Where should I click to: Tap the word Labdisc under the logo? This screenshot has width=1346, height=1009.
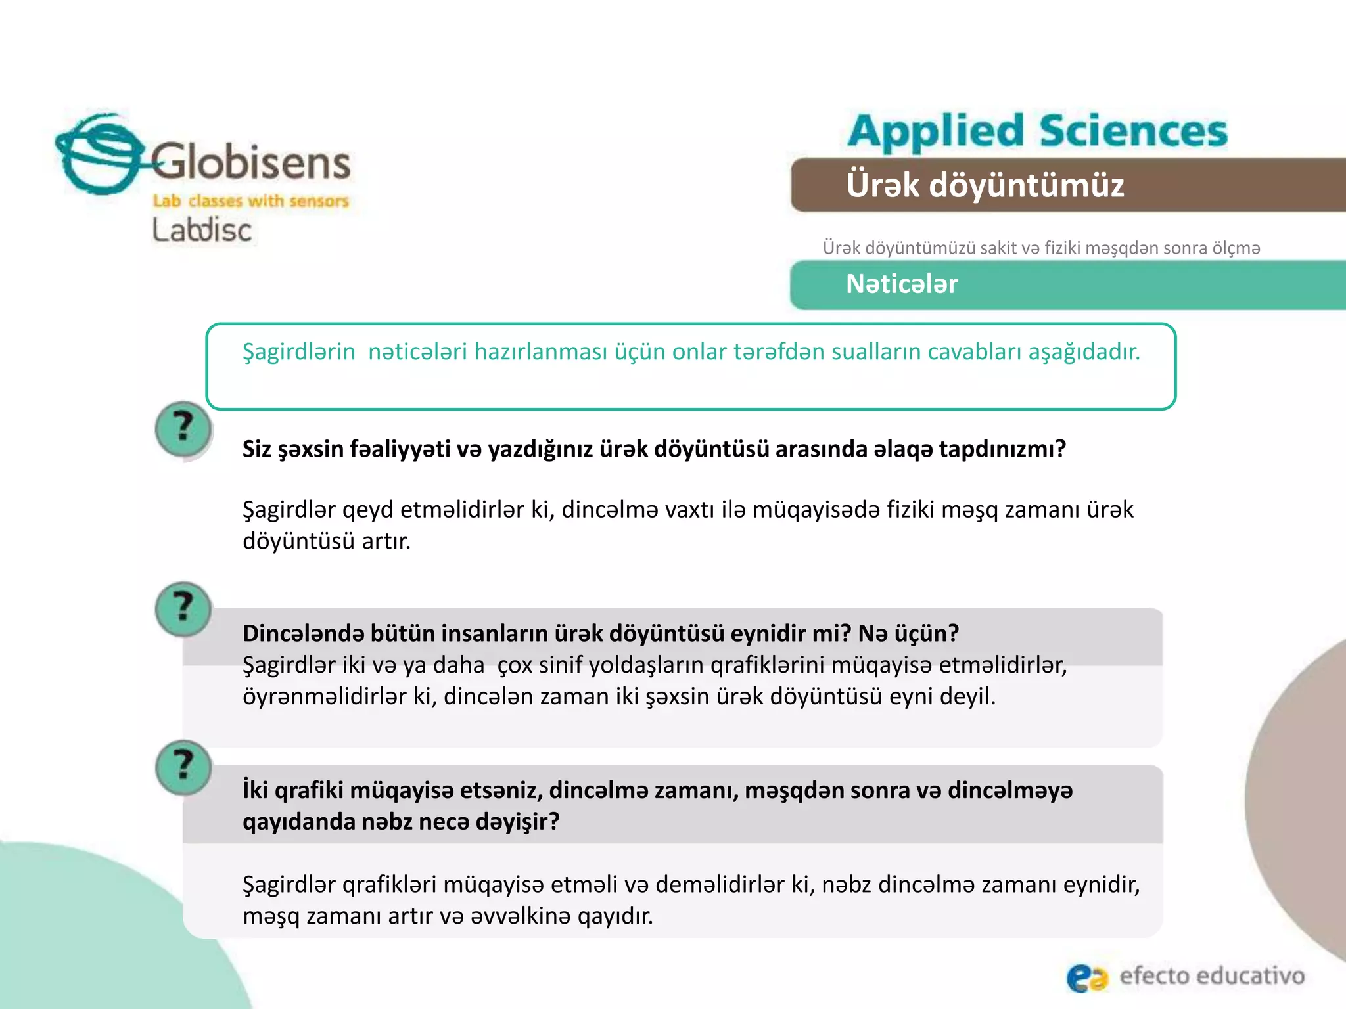202,230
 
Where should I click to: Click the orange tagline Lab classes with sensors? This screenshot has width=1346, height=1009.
250,201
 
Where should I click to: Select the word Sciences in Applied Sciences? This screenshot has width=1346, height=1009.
1133,131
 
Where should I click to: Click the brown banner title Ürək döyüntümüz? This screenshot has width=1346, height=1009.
985,185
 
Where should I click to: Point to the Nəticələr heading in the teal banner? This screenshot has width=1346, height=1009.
902,284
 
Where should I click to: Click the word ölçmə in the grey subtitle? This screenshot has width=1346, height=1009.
1236,248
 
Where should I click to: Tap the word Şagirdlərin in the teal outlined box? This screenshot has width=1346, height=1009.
299,352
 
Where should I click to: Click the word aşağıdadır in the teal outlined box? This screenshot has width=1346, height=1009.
1084,352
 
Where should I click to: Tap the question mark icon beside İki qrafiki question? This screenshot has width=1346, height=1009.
183,767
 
